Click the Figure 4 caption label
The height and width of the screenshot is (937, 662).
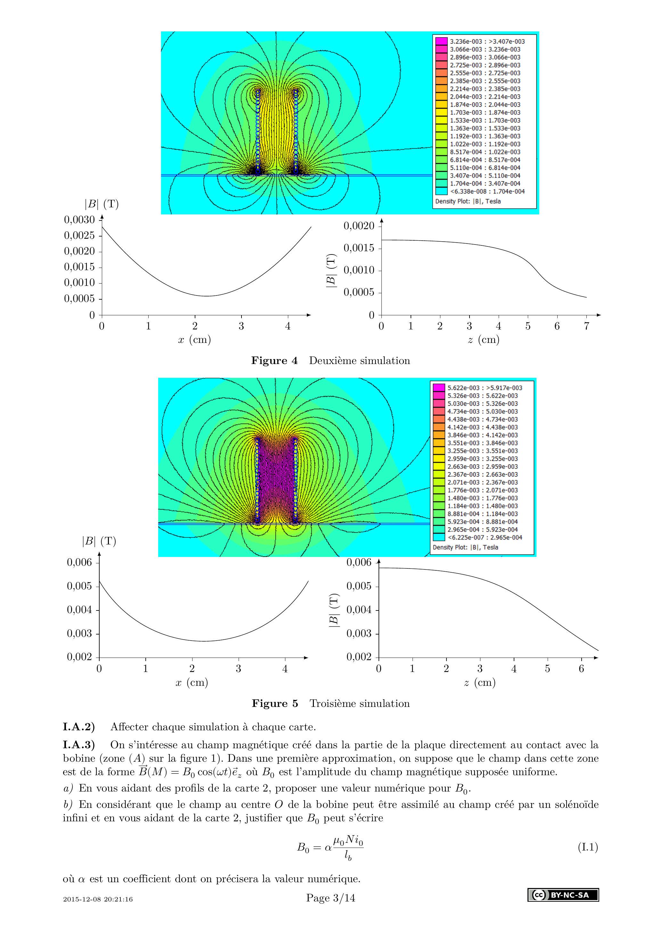274,361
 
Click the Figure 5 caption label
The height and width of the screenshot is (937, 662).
274,704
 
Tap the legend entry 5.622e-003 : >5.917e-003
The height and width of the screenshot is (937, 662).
485,388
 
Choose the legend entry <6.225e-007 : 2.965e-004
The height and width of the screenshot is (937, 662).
485,537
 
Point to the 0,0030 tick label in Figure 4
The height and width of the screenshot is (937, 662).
79,220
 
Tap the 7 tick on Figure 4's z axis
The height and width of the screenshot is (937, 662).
586,326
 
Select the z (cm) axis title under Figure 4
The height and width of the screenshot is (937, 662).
483,340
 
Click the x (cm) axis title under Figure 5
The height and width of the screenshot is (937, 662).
192,682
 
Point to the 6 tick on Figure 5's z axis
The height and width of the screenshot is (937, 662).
581,669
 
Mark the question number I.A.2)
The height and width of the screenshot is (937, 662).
79,727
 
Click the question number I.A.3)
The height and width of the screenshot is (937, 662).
79,745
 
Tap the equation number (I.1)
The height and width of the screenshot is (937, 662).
587,848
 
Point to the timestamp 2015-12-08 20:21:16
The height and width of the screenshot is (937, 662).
98,910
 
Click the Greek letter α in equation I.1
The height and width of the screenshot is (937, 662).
328,848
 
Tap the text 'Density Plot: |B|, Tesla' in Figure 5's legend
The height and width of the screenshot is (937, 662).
465,547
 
